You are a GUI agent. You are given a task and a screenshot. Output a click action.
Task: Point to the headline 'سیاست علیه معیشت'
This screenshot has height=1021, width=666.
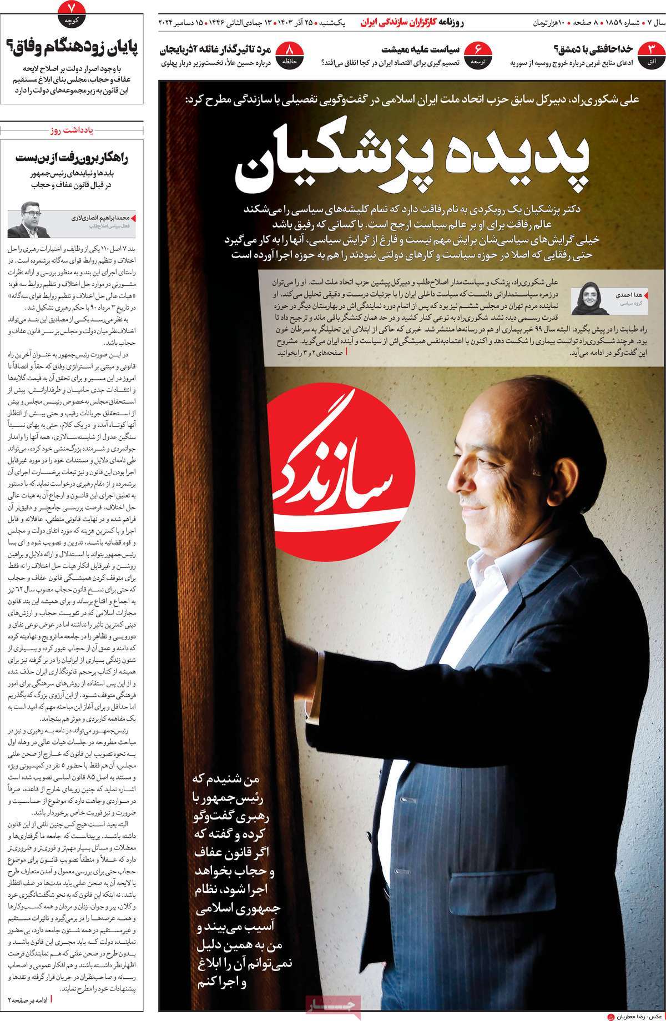(421, 49)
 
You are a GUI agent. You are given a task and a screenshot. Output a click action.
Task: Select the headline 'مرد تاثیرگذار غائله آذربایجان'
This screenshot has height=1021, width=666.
(219, 49)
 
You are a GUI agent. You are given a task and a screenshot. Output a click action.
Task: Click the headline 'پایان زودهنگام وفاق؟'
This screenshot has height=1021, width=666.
(74, 46)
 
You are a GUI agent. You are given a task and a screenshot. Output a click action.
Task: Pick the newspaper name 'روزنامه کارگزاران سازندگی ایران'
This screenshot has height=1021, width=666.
(421, 23)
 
